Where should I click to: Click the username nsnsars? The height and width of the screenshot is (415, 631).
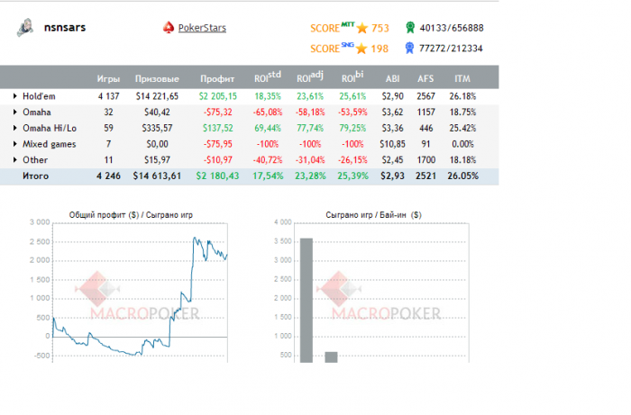(x=66, y=28)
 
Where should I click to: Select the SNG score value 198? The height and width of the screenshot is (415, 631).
(x=380, y=49)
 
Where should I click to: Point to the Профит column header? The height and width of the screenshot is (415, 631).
(x=217, y=78)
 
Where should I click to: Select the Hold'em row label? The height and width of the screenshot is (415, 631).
(x=41, y=95)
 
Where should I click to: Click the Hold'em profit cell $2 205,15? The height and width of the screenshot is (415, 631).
(x=217, y=95)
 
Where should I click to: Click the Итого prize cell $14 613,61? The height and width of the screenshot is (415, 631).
(x=157, y=176)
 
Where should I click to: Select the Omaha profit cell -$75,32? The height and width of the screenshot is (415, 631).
(x=219, y=112)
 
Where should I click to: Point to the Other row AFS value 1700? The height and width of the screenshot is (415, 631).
(x=425, y=160)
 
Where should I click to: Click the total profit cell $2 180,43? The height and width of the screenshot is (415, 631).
(x=217, y=176)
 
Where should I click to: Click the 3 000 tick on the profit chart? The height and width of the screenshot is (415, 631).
(x=39, y=221)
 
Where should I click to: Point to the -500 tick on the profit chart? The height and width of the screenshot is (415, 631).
(x=39, y=355)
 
